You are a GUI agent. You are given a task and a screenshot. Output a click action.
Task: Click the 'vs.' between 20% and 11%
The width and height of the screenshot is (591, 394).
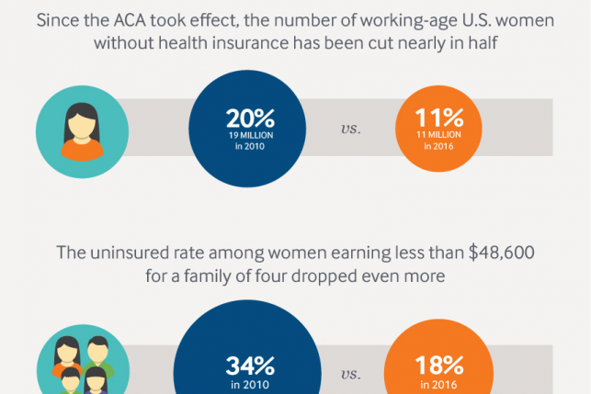(350, 129)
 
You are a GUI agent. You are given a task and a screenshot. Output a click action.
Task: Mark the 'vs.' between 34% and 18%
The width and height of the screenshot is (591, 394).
(350, 374)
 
